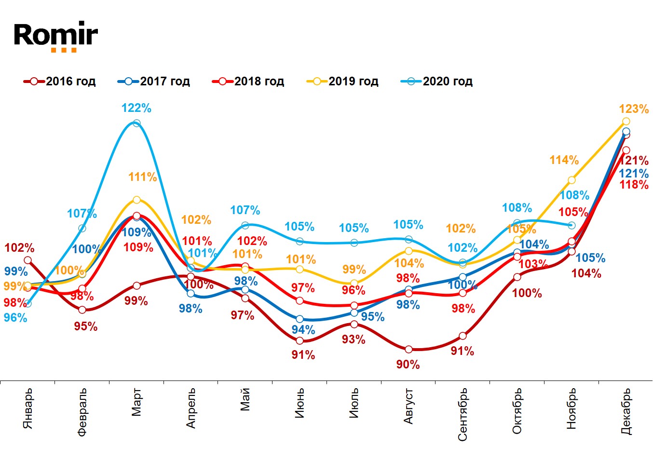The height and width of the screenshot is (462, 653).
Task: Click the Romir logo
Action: (55, 36)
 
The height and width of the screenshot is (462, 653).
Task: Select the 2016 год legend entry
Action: (60, 82)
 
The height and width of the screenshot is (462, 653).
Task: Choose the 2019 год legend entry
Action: (342, 82)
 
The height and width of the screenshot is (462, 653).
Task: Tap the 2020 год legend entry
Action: (437, 82)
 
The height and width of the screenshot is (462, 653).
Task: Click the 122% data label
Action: (136, 108)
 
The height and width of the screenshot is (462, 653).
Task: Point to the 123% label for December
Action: (634, 109)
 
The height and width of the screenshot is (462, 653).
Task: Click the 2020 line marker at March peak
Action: (136, 123)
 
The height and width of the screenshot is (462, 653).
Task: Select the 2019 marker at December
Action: (626, 122)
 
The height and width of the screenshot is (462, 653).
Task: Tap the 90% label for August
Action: (408, 365)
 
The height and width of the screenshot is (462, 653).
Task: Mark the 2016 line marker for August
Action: (408, 349)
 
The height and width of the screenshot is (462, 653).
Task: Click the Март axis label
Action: (136, 401)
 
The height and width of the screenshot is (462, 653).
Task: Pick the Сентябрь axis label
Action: (463, 414)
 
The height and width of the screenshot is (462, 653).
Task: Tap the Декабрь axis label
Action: (626, 411)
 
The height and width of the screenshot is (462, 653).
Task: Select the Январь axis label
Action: (28, 408)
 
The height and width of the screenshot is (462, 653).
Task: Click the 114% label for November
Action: (564, 160)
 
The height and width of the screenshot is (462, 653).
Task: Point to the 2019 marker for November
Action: (571, 180)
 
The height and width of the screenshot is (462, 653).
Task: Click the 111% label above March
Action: (143, 177)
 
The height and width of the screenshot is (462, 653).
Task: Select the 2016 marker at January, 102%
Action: (27, 260)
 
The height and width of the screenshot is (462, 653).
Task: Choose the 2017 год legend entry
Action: (154, 82)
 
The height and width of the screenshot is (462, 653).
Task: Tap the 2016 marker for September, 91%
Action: (463, 336)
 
